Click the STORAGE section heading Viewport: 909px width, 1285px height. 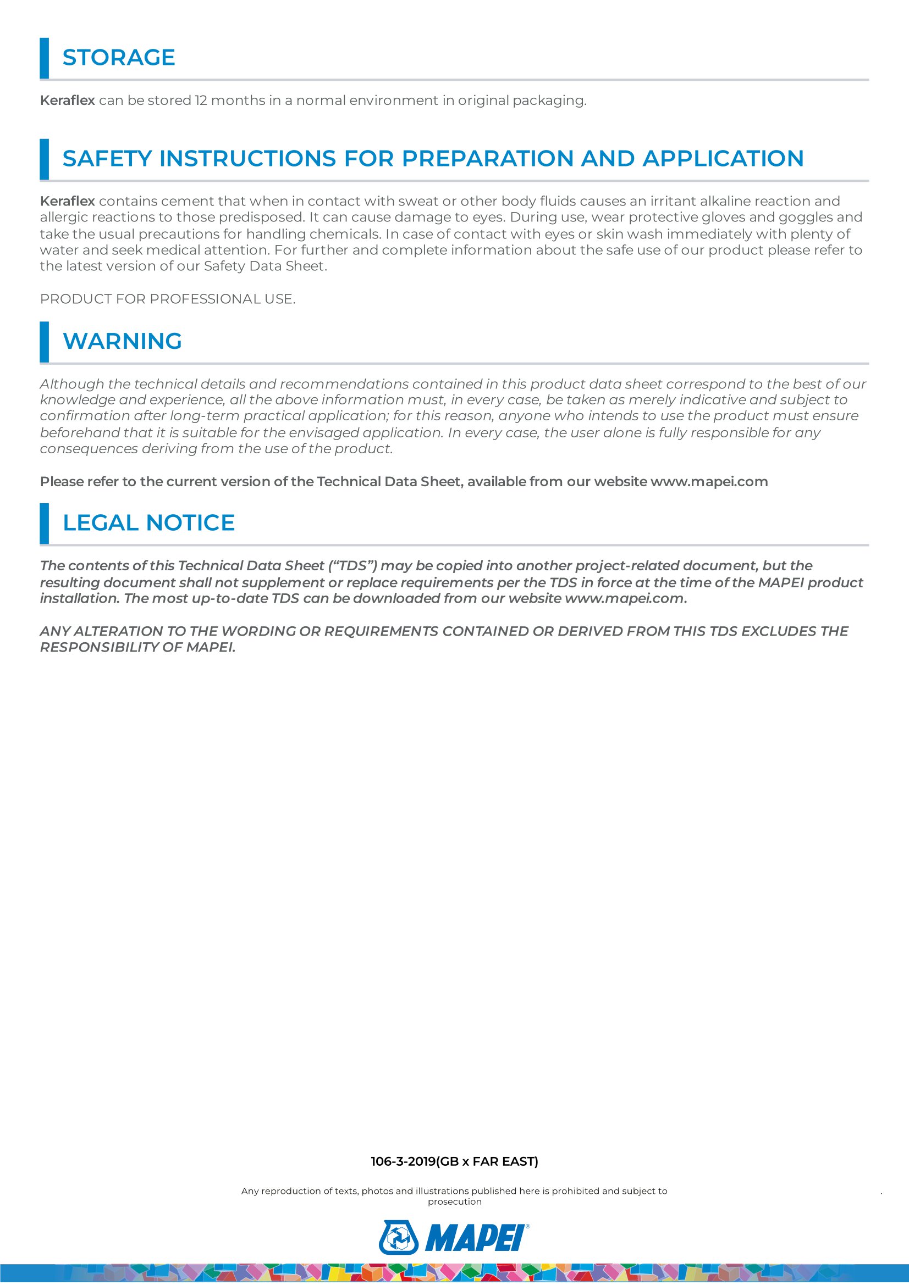coord(119,58)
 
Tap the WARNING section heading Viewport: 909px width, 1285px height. coord(122,341)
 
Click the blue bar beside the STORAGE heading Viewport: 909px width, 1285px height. coord(44,58)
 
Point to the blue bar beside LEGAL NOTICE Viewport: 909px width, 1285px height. coord(44,524)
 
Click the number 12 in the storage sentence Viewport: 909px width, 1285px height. coord(201,101)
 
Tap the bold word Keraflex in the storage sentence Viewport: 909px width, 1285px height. coord(67,101)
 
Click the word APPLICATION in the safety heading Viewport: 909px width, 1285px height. coord(723,158)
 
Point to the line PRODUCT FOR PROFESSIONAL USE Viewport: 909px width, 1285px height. coord(168,299)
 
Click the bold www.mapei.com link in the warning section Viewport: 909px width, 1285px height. coord(708,482)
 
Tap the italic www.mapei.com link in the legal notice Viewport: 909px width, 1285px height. coord(624,599)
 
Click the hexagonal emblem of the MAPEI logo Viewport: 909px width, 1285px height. coord(399,1237)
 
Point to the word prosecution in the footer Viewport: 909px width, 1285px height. coord(454,1201)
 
